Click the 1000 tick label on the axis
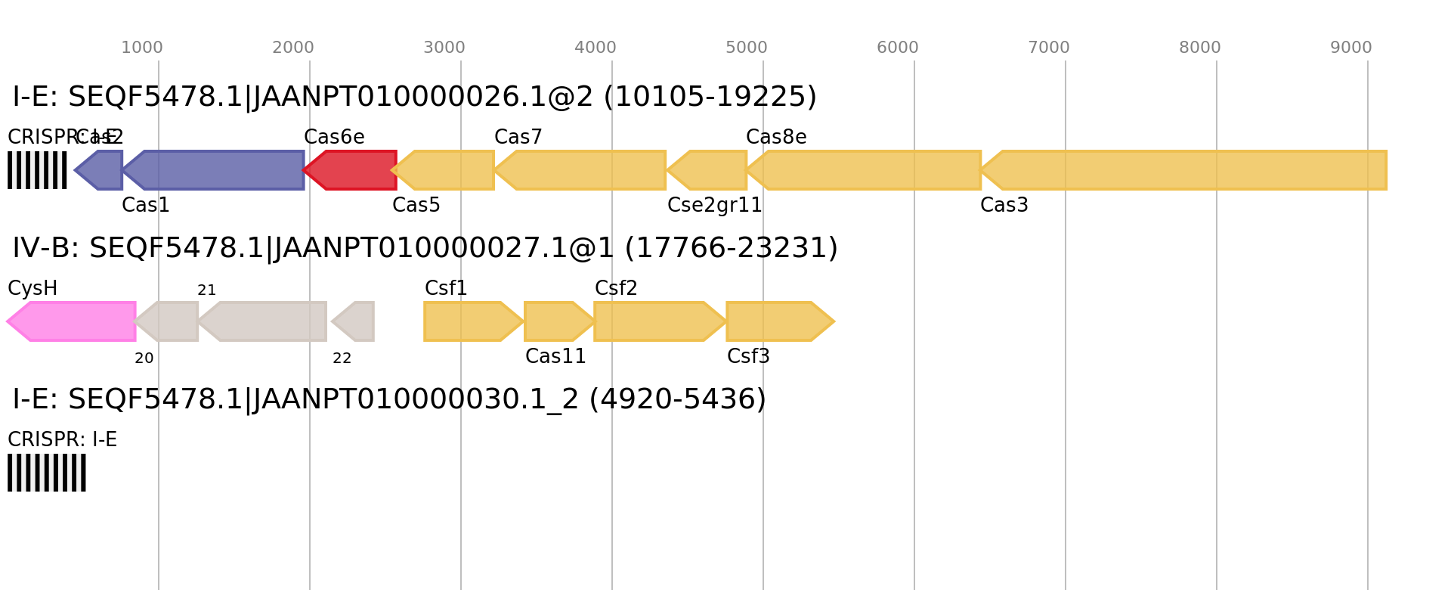[x=142, y=48]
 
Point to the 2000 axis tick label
[x=293, y=48]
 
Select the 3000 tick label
[x=444, y=48]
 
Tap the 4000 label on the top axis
[x=596, y=48]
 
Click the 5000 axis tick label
[x=747, y=48]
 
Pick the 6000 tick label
[x=898, y=48]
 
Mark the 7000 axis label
[x=1049, y=48]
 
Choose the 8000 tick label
[x=1200, y=48]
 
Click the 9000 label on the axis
[x=1351, y=48]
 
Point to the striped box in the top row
[x=37, y=170]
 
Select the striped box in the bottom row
[x=47, y=473]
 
